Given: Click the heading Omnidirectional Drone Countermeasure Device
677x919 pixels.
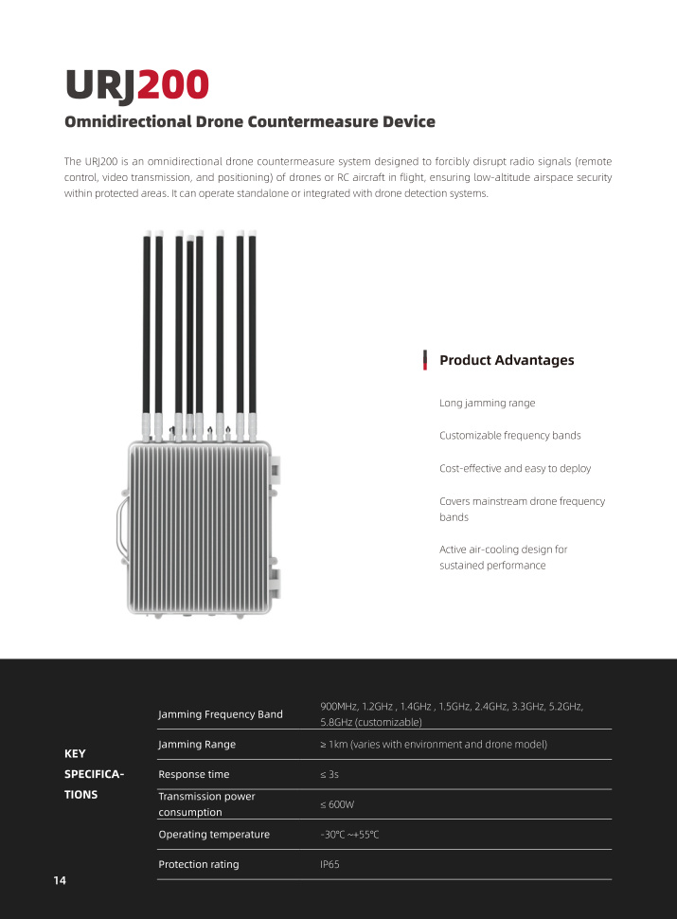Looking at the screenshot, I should click(250, 122).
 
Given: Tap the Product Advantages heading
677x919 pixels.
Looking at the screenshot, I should click(507, 360).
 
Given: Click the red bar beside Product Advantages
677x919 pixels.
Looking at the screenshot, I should click(426, 360).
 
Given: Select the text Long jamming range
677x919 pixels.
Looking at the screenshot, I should click(487, 404).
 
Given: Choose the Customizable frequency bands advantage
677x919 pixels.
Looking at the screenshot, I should click(509, 436).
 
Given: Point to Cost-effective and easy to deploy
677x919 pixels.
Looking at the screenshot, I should click(515, 469).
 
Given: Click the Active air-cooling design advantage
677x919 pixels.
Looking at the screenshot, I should click(503, 557).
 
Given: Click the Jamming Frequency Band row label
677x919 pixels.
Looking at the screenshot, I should click(220, 714).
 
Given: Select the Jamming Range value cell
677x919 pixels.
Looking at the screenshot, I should click(434, 745).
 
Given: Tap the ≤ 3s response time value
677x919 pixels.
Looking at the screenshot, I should click(330, 775).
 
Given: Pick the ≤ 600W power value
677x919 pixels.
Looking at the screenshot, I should click(337, 804).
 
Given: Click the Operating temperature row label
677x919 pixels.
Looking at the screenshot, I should click(214, 835).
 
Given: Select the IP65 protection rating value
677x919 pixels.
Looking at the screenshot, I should click(330, 865).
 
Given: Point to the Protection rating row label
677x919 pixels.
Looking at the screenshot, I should click(199, 865).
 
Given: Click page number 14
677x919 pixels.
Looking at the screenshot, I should click(60, 881).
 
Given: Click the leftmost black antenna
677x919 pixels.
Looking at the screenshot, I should click(147, 322).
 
